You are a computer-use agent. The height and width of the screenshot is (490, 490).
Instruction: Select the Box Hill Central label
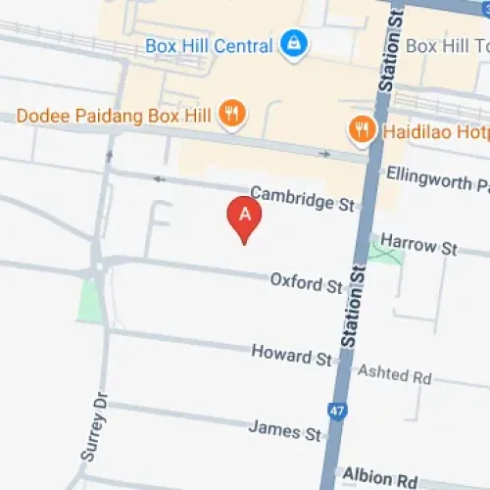pyautogui.click(x=208, y=45)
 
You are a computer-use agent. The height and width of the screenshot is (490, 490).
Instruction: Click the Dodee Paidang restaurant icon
pyautogui.click(x=232, y=114)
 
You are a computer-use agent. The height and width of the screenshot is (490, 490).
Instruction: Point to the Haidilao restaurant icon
pyautogui.click(x=363, y=128)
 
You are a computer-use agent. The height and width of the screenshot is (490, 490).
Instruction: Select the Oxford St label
pyautogui.click(x=307, y=283)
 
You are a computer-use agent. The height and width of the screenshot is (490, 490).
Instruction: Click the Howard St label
pyautogui.click(x=291, y=354)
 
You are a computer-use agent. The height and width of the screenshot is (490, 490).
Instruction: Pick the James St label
pyautogui.click(x=285, y=429)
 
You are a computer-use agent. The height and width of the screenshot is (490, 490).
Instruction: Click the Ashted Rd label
pyautogui.click(x=395, y=374)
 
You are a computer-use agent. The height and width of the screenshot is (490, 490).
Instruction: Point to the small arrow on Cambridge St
pyautogui.click(x=158, y=179)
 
